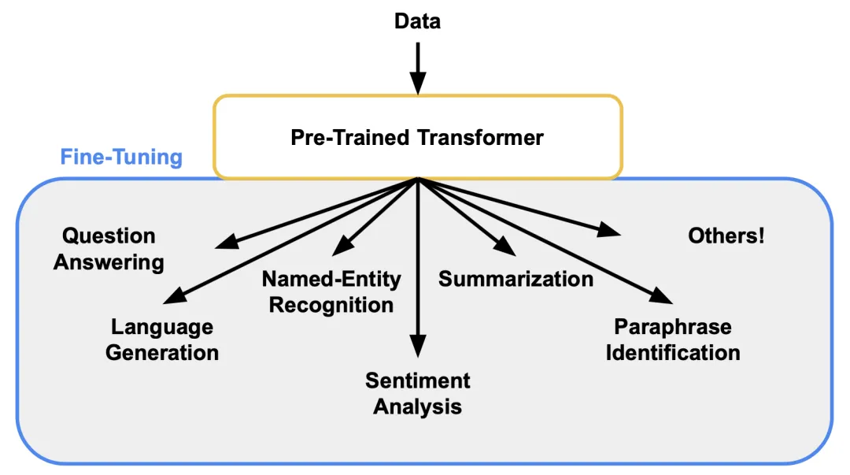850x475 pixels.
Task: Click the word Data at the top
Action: click(x=417, y=21)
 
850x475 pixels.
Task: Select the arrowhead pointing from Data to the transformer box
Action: click(x=418, y=82)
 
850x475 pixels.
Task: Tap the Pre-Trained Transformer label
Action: click(x=417, y=138)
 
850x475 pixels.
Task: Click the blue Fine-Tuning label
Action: click(x=121, y=158)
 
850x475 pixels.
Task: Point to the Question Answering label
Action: click(x=109, y=249)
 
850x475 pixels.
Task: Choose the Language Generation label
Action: click(x=162, y=340)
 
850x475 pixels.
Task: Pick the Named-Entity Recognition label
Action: click(x=331, y=291)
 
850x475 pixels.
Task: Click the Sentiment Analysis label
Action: click(x=418, y=393)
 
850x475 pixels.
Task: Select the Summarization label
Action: click(x=516, y=279)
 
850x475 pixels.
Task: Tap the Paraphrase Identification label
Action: click(x=673, y=340)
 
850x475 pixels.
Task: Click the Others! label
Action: click(x=726, y=236)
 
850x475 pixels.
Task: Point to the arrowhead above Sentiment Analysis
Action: click(x=418, y=346)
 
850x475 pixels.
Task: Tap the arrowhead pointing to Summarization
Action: click(x=504, y=247)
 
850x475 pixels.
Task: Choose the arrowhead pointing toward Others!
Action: click(x=610, y=231)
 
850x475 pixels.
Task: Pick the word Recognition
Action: click(x=331, y=305)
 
